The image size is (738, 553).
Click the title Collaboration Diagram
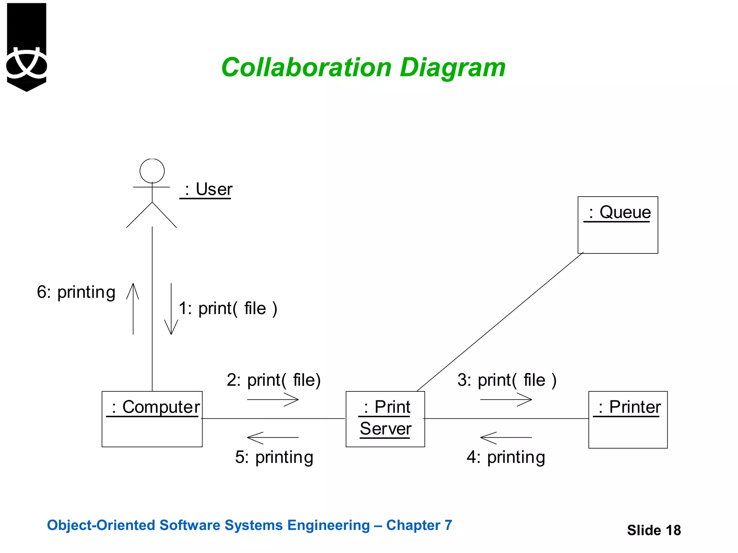pos(363,68)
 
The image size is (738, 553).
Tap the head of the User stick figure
pos(152,171)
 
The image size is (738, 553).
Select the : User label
pos(206,189)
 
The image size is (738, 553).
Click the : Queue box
pos(618,225)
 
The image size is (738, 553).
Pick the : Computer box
pos(152,419)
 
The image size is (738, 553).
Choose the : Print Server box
pos(385,419)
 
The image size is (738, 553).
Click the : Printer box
pos(628,420)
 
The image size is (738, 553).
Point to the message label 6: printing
pos(76,292)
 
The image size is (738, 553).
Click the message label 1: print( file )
pos(228,309)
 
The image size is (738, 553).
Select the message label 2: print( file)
pos(274,380)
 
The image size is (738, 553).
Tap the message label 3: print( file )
pos(507,380)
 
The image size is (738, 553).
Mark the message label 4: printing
pos(506,457)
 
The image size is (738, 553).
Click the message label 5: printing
pos(274,457)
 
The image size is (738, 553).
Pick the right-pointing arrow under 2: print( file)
pos(273,400)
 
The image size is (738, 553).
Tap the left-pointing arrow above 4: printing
pos(506,437)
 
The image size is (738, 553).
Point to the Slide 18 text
pos(654,530)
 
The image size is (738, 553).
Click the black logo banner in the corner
pos(27,47)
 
